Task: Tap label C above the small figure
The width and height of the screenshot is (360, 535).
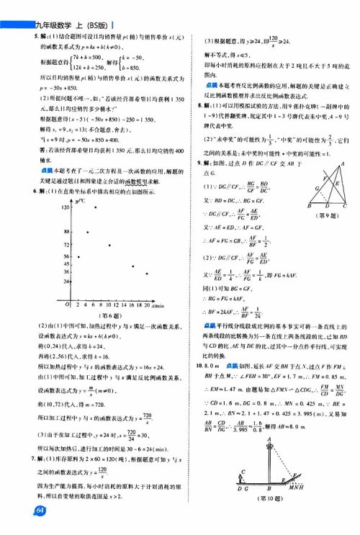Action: pos(243,471)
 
